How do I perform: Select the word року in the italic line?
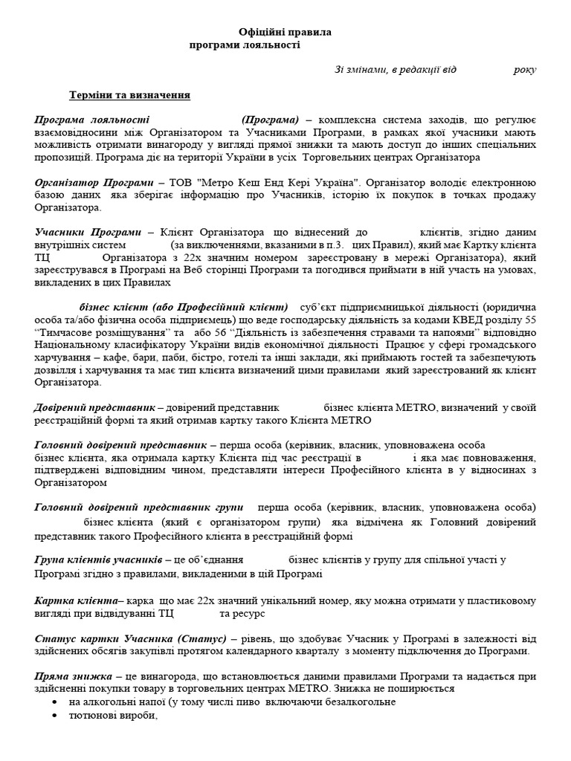pos(524,69)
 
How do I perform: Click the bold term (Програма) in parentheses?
pos(270,120)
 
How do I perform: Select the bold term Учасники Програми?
pos(88,233)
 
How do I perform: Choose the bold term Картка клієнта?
pos(77,600)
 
